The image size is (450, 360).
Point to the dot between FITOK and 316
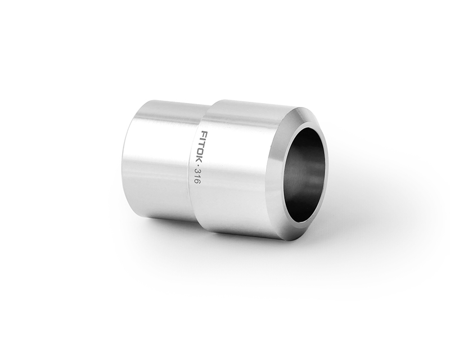[x=200, y=164]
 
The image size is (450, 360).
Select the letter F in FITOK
[x=205, y=134]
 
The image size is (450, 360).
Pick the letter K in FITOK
[x=201, y=157]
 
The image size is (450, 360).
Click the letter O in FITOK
[x=202, y=151]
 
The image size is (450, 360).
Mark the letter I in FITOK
[x=204, y=139]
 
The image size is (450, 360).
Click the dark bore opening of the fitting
[x=304, y=174]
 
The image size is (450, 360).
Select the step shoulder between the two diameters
[x=201, y=112]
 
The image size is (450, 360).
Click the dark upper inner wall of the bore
[x=309, y=141]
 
